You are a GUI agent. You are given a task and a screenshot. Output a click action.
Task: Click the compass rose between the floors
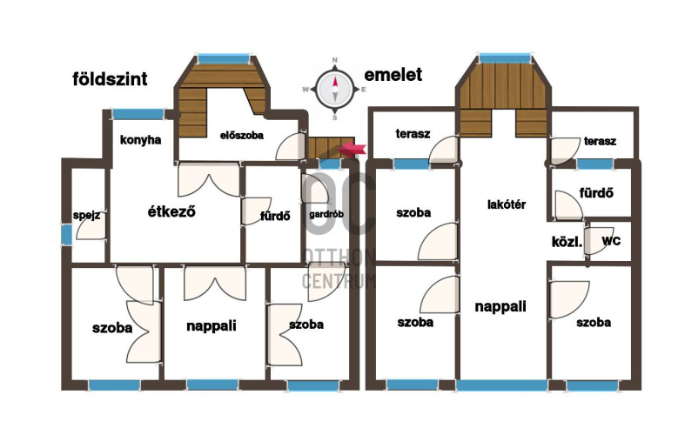[x=335, y=89]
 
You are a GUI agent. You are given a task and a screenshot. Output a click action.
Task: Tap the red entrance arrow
[x=352, y=149]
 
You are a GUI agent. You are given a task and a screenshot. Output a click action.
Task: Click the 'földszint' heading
[x=110, y=79]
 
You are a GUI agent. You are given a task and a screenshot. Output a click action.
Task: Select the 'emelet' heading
[x=393, y=74]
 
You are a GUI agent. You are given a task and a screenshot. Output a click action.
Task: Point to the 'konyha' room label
[x=140, y=140]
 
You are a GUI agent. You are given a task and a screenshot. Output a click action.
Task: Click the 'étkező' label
[x=171, y=211]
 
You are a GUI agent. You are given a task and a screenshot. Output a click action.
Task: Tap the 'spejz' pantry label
[x=86, y=216]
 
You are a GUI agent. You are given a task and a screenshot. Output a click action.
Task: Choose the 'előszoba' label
[x=242, y=136]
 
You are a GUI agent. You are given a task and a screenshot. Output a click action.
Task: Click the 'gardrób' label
[x=326, y=214]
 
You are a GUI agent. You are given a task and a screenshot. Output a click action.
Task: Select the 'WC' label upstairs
[x=611, y=241]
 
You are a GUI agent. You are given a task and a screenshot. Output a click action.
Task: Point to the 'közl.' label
[x=567, y=242]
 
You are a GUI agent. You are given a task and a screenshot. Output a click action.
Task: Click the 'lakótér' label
[x=507, y=204]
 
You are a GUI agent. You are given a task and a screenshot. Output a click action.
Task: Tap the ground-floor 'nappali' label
[x=211, y=325]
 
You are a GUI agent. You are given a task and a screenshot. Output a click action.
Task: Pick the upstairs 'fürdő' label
[x=596, y=192]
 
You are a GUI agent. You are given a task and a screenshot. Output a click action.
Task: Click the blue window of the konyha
[x=138, y=114]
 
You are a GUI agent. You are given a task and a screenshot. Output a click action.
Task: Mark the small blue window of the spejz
[x=66, y=235]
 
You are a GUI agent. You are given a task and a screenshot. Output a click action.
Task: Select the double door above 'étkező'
[x=209, y=180]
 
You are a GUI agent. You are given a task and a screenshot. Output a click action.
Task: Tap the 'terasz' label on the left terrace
[x=413, y=134]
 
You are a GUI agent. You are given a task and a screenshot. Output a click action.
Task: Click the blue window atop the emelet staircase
[x=504, y=58]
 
